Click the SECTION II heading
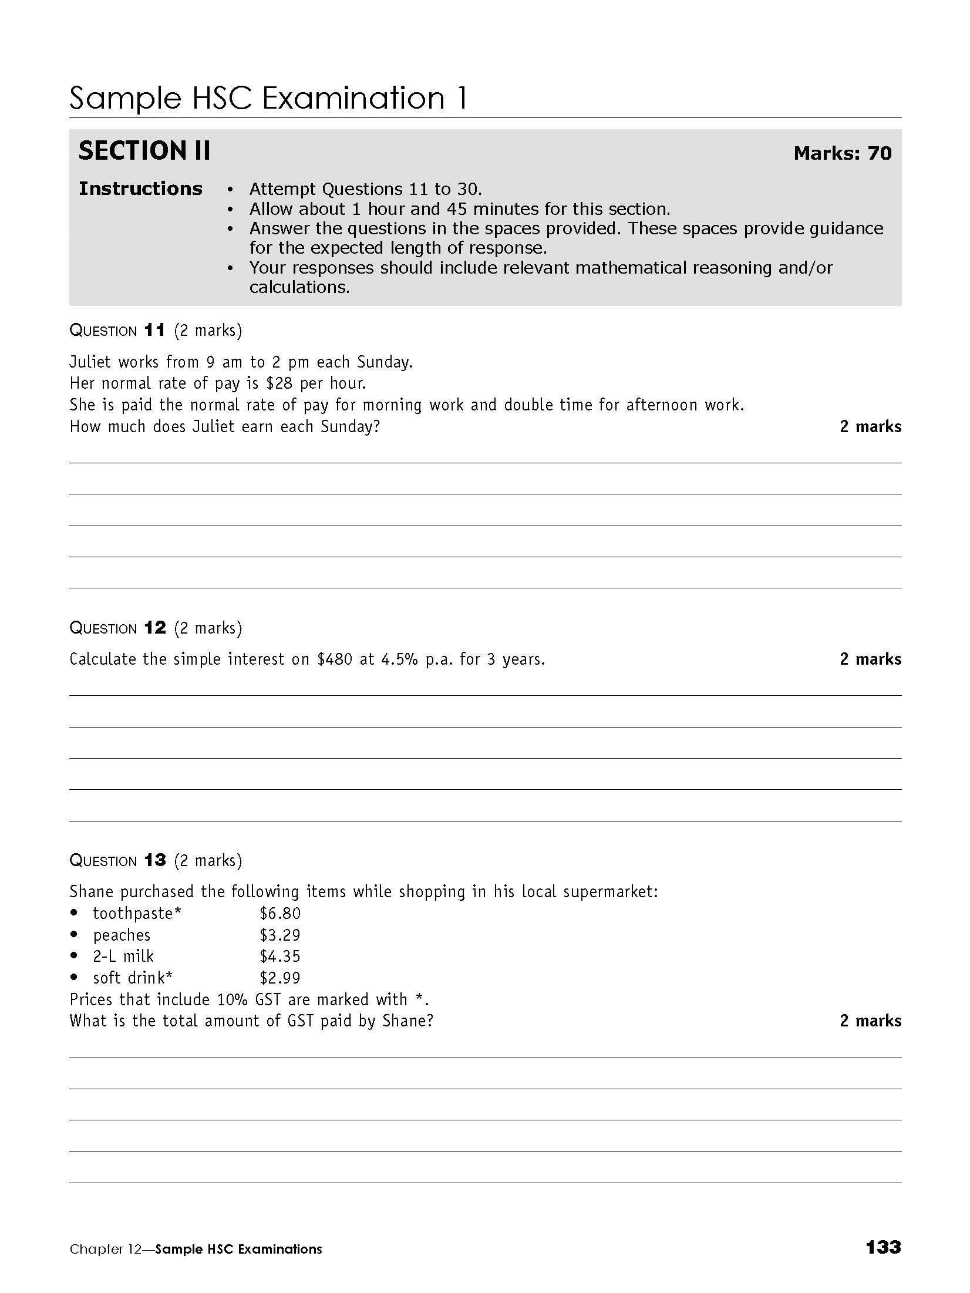[144, 151]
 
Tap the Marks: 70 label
[842, 154]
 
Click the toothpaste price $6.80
[280, 914]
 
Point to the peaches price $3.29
[280, 935]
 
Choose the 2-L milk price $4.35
[280, 957]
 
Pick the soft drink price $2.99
[280, 978]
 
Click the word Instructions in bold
[140, 188]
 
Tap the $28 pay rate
[279, 383]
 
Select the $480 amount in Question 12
[335, 659]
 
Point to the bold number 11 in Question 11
[155, 331]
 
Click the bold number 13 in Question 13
[155, 861]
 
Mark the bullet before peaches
[74, 935]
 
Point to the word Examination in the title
[353, 98]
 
